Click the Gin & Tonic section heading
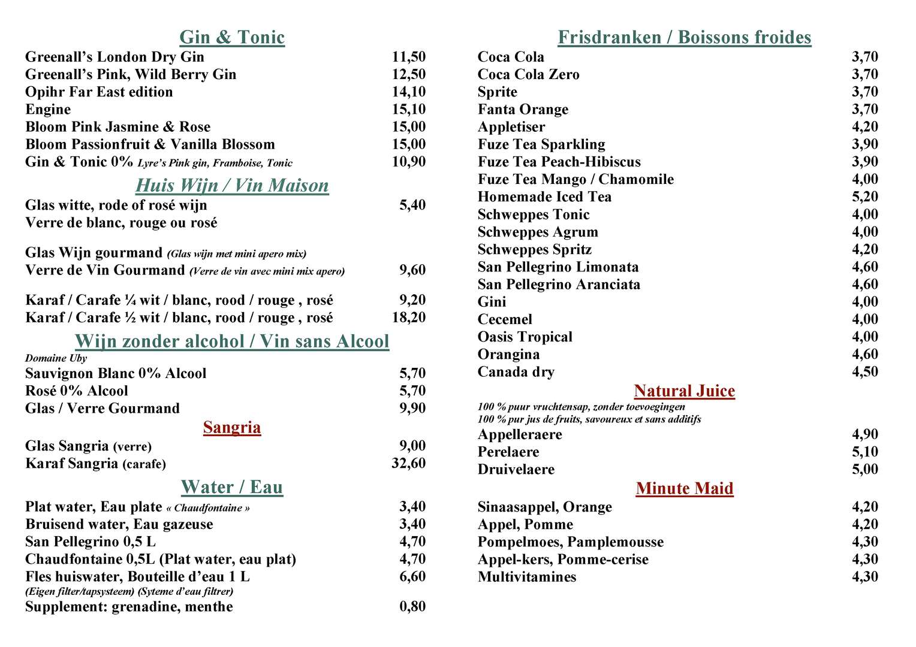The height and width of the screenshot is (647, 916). pos(232,38)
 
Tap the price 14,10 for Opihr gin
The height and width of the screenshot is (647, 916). pos(409,92)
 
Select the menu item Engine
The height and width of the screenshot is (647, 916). pos(48,110)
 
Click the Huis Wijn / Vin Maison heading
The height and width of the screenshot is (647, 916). pos(232,186)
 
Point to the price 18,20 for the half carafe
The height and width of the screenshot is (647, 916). pos(409,318)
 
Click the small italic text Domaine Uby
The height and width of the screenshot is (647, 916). pos(56,358)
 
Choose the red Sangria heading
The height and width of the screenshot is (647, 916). pos(232,428)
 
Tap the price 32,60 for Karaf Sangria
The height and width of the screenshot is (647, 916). pos(409,463)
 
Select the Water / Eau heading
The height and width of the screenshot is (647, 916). pos(232,488)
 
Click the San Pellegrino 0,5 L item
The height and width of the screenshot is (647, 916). pos(91,542)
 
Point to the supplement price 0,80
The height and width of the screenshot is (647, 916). pos(412,606)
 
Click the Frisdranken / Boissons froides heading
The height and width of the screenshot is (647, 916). pos(685,38)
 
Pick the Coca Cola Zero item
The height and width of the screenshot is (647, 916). pos(528,75)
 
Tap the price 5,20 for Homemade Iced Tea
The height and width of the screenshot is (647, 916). pos(865,197)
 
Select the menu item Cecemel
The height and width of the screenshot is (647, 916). pos(505,319)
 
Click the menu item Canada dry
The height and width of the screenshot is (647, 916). pos(516,372)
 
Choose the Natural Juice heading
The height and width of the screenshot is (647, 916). pos(685,391)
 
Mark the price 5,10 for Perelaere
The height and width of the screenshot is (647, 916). pos(865,452)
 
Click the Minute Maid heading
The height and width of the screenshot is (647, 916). pos(685,489)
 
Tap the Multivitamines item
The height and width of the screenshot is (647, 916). pos(527,577)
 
